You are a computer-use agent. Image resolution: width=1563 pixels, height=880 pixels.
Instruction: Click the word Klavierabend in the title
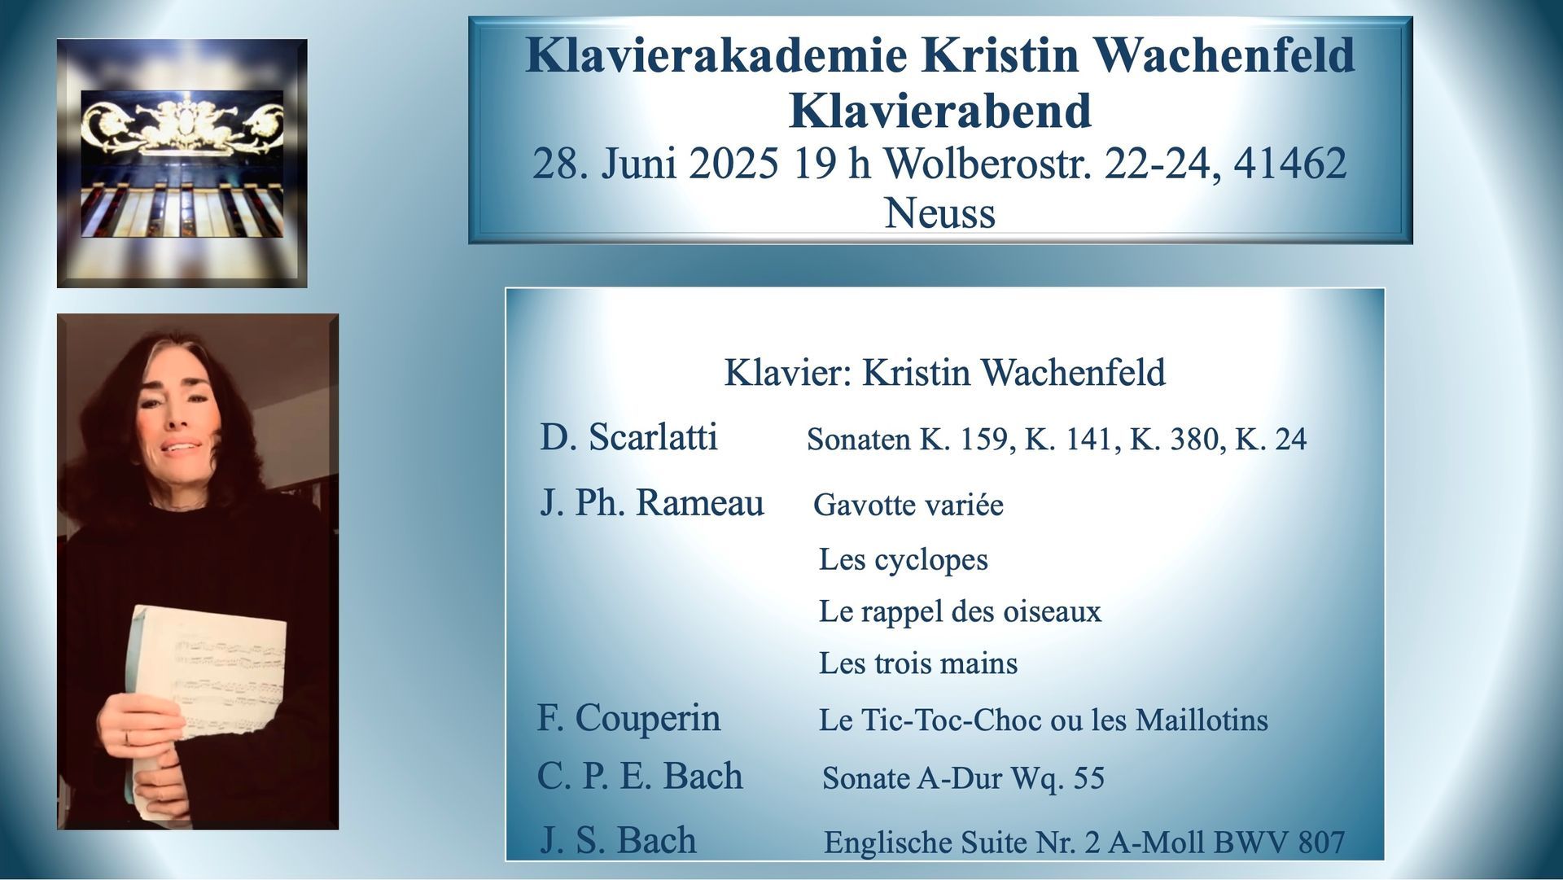click(940, 111)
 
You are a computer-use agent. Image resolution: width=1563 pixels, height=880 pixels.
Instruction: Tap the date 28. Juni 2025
click(655, 164)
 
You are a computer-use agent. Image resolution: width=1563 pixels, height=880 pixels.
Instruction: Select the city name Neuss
click(940, 213)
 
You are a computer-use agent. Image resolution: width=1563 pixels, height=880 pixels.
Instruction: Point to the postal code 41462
click(1290, 163)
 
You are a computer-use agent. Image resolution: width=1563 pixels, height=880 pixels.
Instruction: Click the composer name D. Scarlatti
click(628, 437)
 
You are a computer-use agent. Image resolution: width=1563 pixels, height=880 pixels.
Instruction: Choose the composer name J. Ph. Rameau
click(652, 502)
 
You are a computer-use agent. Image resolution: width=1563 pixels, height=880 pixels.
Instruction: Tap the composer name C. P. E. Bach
click(640, 776)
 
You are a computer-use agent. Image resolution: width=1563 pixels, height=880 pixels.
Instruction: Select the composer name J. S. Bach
click(618, 840)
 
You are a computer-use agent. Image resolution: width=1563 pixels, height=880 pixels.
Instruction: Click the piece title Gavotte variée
click(908, 506)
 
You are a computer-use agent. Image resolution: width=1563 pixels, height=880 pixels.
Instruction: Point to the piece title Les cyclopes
click(904, 560)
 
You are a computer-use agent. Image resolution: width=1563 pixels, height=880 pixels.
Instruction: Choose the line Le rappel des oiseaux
click(960, 611)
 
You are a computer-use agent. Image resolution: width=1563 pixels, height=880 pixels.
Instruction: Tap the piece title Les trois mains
click(918, 663)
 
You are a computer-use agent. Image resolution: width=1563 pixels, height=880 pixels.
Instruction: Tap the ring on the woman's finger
click(127, 738)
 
